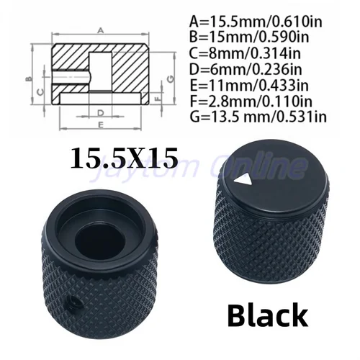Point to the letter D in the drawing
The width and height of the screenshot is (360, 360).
[101, 112]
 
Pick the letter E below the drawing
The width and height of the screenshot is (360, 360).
[100, 125]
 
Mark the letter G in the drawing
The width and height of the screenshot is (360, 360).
[170, 77]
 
